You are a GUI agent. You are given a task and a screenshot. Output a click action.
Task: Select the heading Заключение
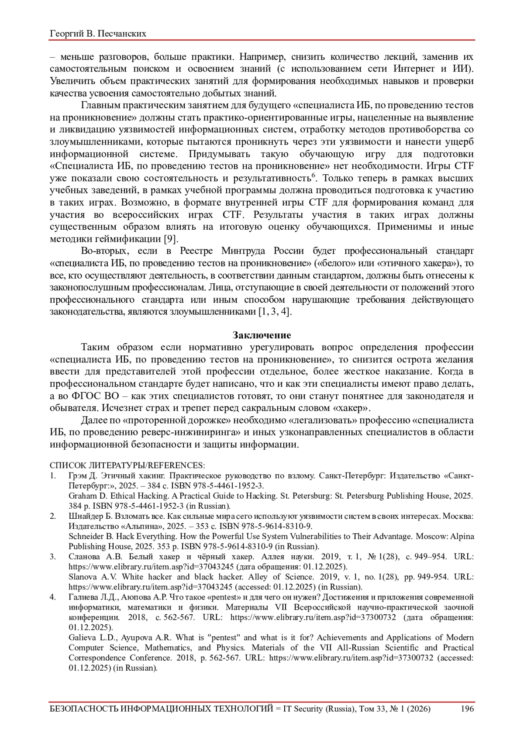(x=262, y=335)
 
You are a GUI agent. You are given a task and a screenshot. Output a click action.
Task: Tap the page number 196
(x=467, y=708)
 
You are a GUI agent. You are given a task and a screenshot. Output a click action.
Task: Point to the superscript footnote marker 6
(x=313, y=176)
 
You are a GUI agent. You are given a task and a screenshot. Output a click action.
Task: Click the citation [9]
(x=170, y=239)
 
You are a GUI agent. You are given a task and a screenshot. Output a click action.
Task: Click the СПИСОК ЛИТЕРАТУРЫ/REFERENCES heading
(x=127, y=465)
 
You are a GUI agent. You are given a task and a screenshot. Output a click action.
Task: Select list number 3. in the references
(x=52, y=557)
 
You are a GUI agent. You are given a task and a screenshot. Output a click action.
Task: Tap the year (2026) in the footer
(x=418, y=708)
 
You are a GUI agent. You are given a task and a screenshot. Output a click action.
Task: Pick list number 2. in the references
(x=52, y=516)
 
